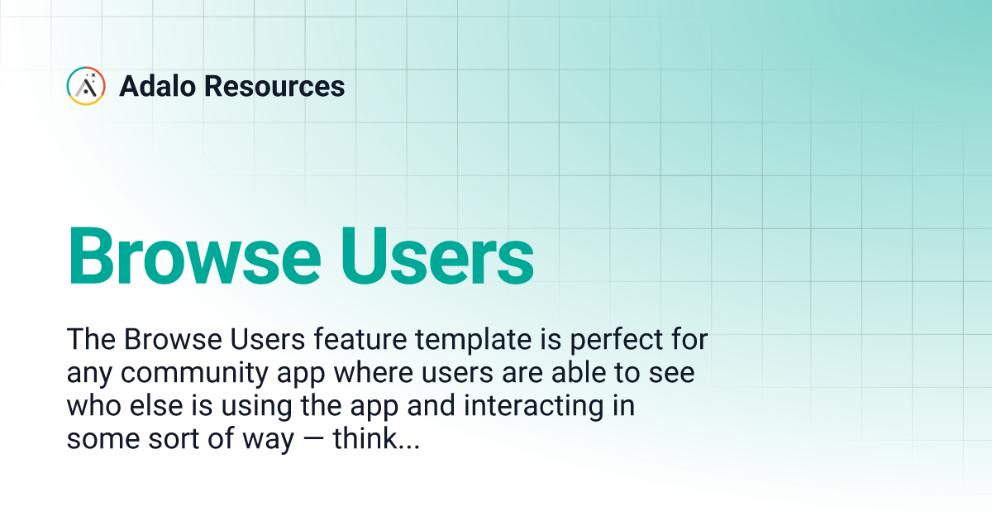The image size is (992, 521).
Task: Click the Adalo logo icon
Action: pyautogui.click(x=86, y=86)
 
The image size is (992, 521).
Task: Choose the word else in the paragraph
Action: pyautogui.click(x=152, y=406)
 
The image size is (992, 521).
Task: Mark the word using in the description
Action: pyautogui.click(x=238, y=408)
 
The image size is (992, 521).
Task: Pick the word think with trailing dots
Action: pyautogui.click(x=377, y=440)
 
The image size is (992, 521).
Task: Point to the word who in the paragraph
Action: pyautogui.click(x=90, y=406)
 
